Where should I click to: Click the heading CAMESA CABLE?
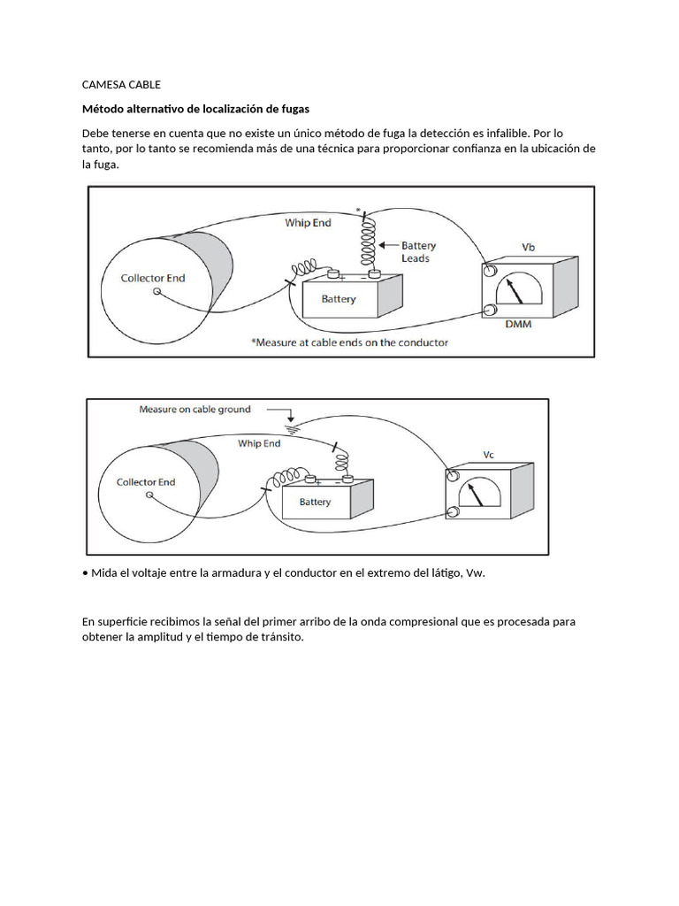point(121,85)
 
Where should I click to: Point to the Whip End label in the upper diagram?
point(308,223)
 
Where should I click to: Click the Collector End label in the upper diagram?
point(153,278)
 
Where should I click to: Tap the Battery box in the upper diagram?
point(339,299)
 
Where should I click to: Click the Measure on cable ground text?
point(195,410)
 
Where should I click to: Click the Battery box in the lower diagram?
point(316,502)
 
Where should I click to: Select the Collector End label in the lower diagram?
point(146,482)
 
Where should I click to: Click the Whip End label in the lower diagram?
point(259,444)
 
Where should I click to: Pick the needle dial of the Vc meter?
point(478,493)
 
